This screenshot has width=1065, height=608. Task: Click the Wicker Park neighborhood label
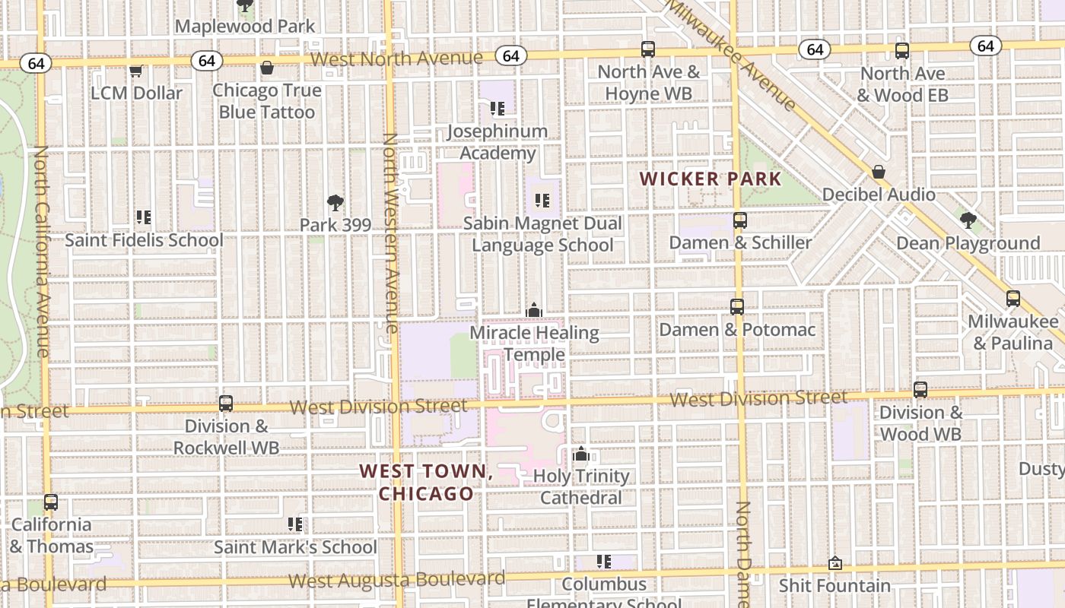pyautogui.click(x=711, y=179)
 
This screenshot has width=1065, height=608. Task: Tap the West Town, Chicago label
pyautogui.click(x=426, y=482)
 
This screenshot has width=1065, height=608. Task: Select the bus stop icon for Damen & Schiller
pyautogui.click(x=740, y=220)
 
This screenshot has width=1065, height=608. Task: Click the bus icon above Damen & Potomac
pyautogui.click(x=737, y=307)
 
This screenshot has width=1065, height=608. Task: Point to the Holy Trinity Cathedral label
pyautogui.click(x=581, y=486)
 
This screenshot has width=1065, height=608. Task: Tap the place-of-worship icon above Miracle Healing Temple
pyautogui.click(x=534, y=311)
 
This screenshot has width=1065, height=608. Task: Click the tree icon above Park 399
pyautogui.click(x=335, y=203)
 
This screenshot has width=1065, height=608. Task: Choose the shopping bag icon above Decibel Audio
pyautogui.click(x=879, y=172)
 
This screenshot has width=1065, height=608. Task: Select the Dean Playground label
pyautogui.click(x=968, y=243)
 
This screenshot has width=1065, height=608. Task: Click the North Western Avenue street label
pyautogui.click(x=390, y=233)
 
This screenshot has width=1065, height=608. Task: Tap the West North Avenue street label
pyautogui.click(x=396, y=59)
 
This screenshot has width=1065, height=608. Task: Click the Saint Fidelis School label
pyautogui.click(x=144, y=240)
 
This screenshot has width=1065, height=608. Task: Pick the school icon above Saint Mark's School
pyautogui.click(x=295, y=524)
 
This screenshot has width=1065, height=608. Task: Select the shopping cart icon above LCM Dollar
pyautogui.click(x=136, y=71)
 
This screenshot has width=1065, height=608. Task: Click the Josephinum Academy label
pyautogui.click(x=498, y=142)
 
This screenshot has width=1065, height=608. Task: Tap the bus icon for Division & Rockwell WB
pyautogui.click(x=226, y=404)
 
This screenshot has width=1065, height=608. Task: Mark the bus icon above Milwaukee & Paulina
pyautogui.click(x=1013, y=299)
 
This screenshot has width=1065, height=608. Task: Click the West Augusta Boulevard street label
pyautogui.click(x=396, y=580)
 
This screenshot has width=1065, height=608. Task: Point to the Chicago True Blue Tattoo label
pyautogui.click(x=266, y=101)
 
